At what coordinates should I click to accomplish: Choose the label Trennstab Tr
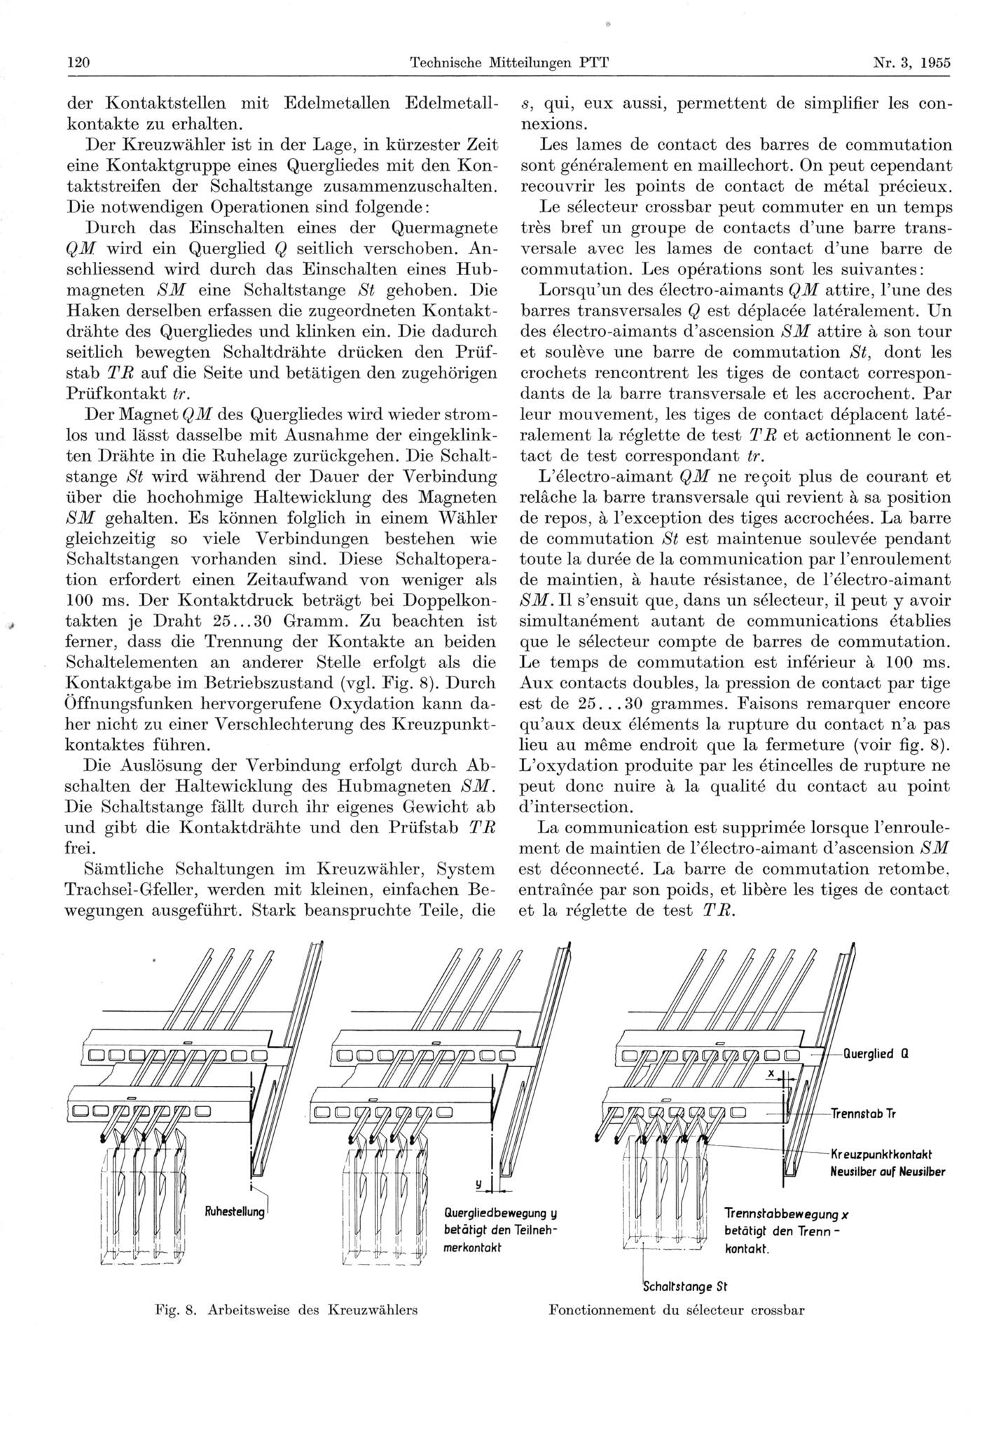[863, 1113]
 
